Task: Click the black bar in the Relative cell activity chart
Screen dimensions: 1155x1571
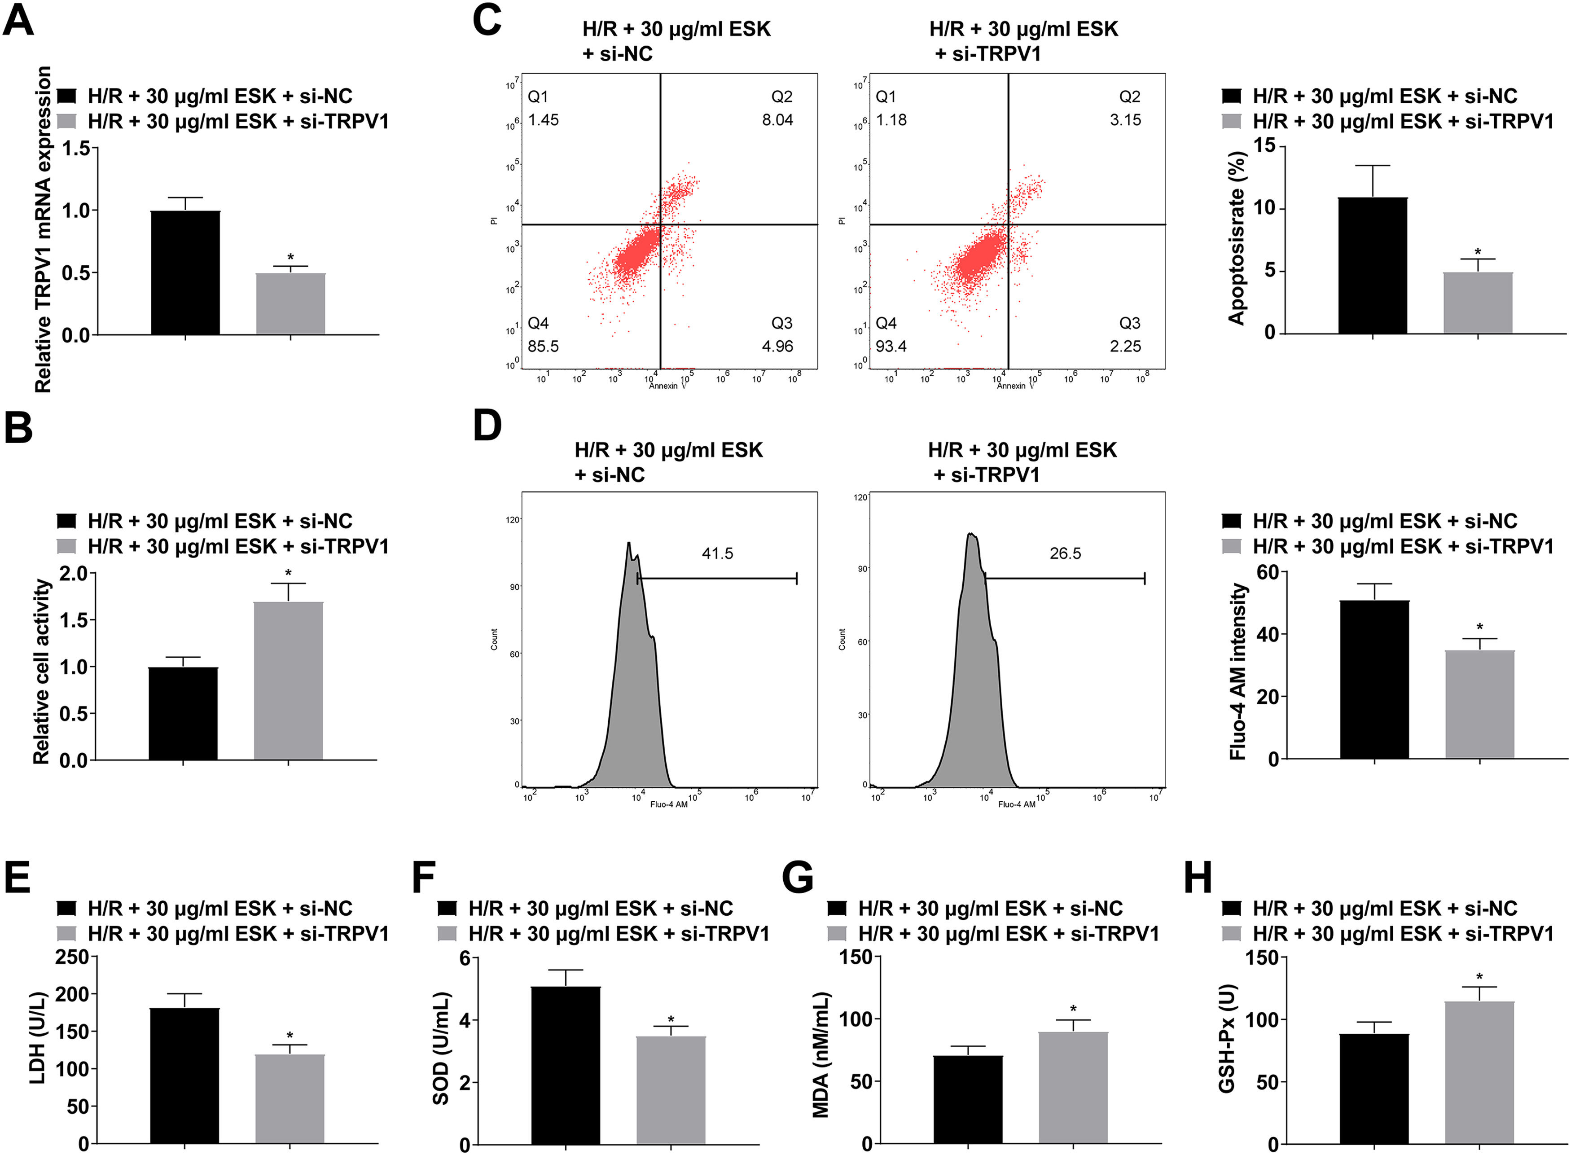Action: (183, 713)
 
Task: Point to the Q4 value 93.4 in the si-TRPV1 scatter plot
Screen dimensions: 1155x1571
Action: (891, 346)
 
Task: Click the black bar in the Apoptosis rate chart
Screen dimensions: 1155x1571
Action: (1373, 266)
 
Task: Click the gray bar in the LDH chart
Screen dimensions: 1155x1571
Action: (290, 1099)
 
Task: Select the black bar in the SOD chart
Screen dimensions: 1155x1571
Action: (566, 1065)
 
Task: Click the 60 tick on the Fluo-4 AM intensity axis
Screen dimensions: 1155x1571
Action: (1268, 573)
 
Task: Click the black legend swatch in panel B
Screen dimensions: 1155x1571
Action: (66, 521)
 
